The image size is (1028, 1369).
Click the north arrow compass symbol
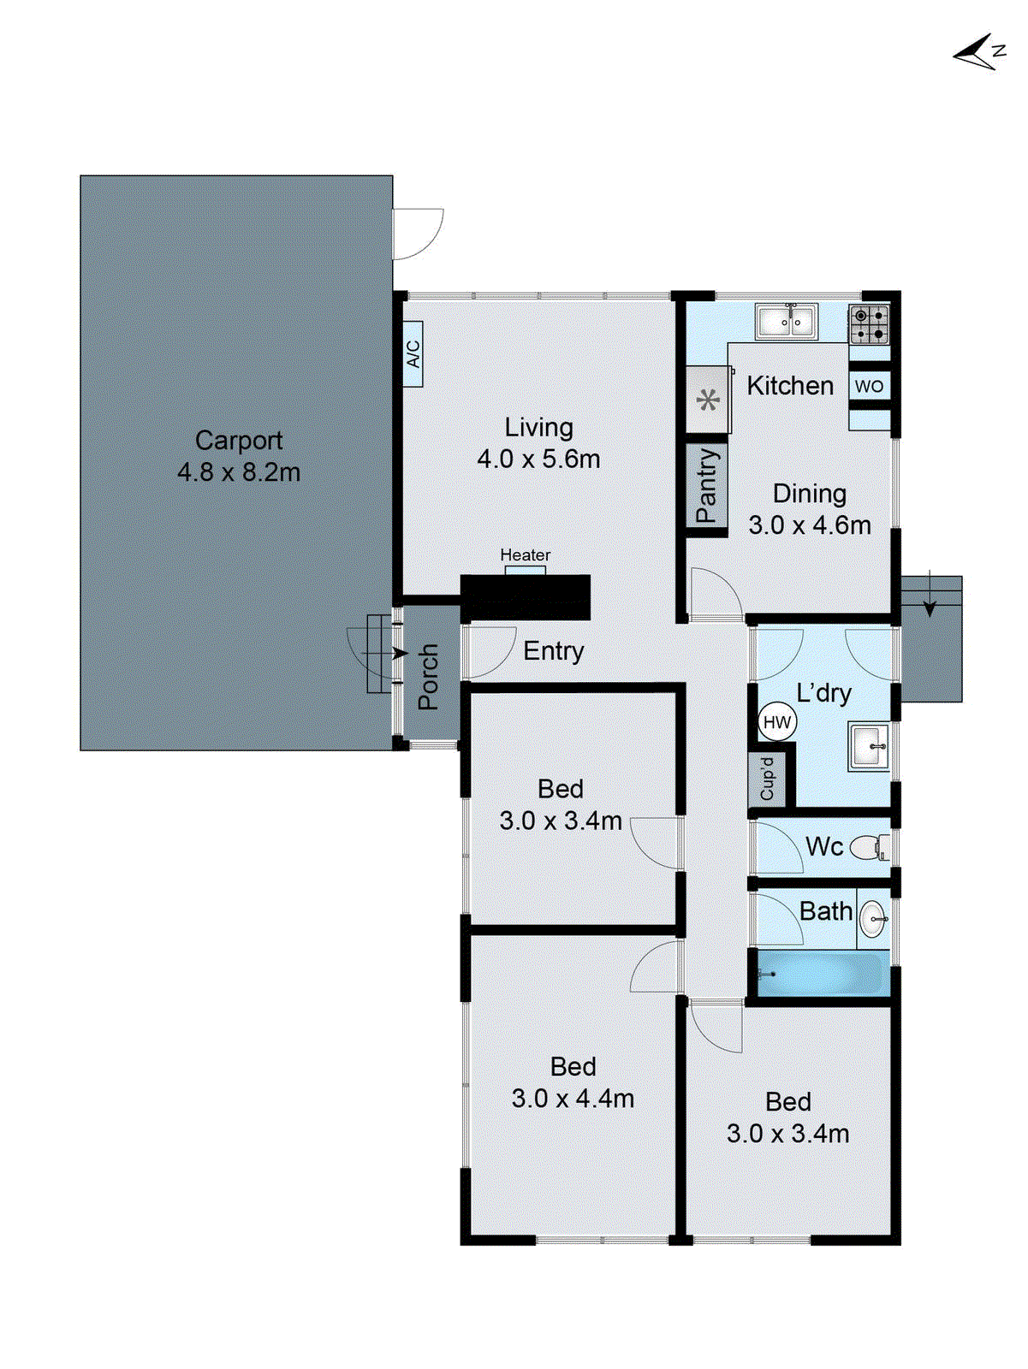pos(978,53)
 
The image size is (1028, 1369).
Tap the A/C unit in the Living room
pos(413,353)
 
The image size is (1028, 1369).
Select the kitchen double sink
pos(786,322)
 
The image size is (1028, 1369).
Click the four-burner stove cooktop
pos(869,325)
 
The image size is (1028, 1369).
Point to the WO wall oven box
pos(869,386)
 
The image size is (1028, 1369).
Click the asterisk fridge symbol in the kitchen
pos(707,400)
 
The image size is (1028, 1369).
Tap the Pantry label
pos(706,485)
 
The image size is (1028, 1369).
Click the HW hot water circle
pos(777,722)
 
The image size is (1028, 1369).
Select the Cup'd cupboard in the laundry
pos(767,779)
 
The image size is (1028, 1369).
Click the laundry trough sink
pos(869,746)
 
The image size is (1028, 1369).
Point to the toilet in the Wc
pos(870,847)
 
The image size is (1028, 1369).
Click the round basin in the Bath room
pos(873,920)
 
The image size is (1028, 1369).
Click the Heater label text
pos(525,555)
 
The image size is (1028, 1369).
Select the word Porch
pos(428,677)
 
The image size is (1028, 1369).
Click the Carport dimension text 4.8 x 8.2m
pos(239,472)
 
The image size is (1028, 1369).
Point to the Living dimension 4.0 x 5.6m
pos(538,459)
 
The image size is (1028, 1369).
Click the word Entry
pos(553,651)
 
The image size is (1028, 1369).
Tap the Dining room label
pos(809,494)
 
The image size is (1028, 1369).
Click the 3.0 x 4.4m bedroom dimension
pos(573,1099)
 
